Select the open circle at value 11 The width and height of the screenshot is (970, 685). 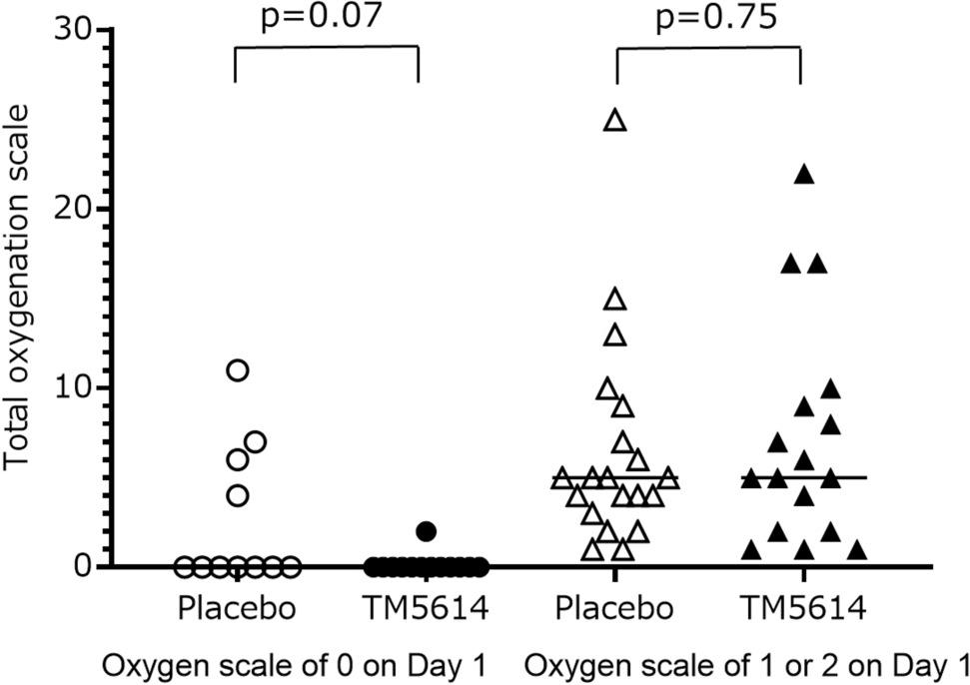pos(238,370)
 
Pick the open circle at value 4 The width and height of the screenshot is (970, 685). pos(238,495)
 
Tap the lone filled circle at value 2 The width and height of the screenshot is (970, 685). pos(427,531)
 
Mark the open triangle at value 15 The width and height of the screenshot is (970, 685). pos(615,300)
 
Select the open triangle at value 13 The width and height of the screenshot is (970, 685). pos(615,337)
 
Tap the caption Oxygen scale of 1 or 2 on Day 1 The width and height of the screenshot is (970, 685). pos(746,664)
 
